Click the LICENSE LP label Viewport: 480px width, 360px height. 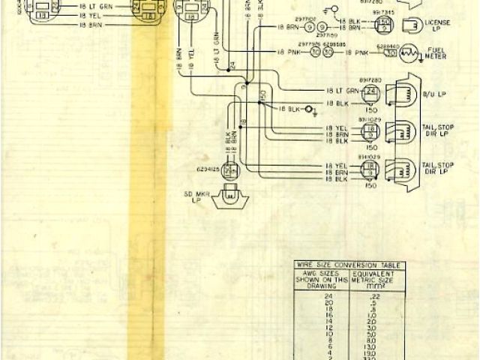(436, 28)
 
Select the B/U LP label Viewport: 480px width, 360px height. (432, 95)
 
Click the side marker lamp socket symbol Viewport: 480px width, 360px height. (229, 199)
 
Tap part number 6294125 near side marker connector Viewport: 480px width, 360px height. (208, 169)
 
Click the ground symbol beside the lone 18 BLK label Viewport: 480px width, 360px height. (316, 110)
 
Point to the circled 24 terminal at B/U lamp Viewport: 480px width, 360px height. (370, 91)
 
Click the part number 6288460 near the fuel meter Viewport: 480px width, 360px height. (387, 45)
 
